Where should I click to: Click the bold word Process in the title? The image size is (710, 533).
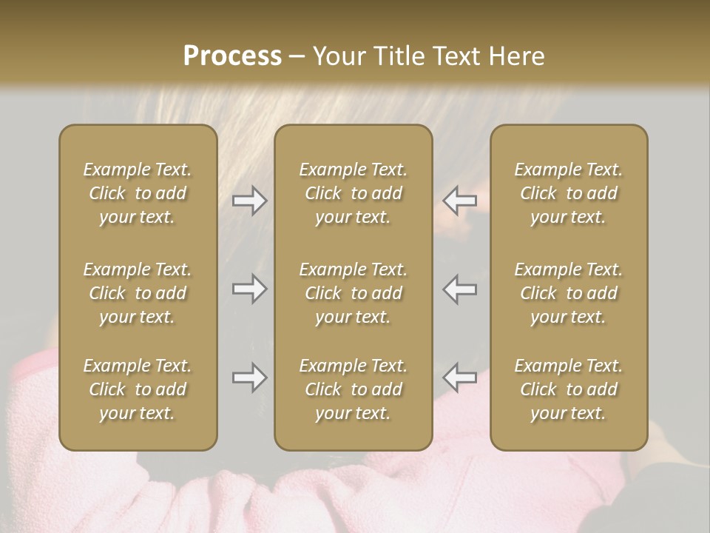[232, 56]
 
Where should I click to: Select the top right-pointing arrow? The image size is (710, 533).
[250, 201]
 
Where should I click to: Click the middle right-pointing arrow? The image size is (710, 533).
[250, 289]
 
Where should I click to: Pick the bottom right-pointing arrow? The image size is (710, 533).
[250, 378]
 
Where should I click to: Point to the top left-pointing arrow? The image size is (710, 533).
[459, 201]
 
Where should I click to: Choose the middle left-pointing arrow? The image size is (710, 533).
[459, 289]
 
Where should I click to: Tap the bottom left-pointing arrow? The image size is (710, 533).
[459, 378]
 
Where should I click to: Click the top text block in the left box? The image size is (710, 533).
[138, 193]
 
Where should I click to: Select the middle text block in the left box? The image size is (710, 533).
[138, 293]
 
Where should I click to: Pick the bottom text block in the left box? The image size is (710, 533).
[138, 389]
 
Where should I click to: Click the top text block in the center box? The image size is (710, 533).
[354, 193]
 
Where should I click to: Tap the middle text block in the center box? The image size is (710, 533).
[354, 293]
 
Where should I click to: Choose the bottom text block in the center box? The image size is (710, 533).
[354, 389]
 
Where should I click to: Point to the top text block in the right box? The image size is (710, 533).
[569, 193]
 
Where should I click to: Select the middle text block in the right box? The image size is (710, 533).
[569, 293]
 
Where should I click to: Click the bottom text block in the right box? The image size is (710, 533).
[569, 389]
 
